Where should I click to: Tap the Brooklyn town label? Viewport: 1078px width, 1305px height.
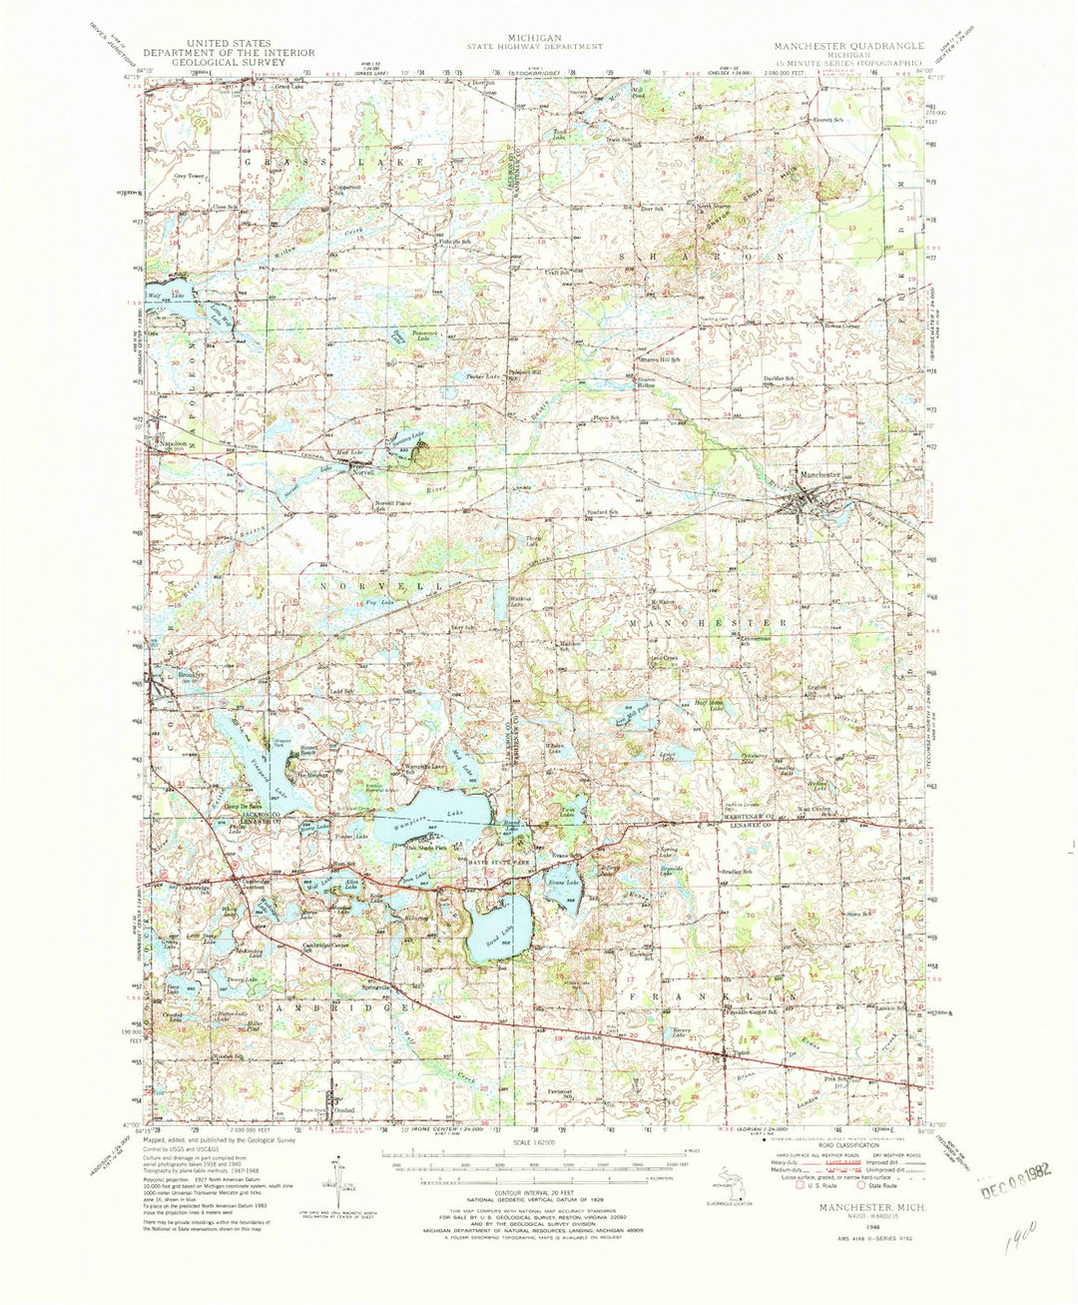(x=191, y=674)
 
